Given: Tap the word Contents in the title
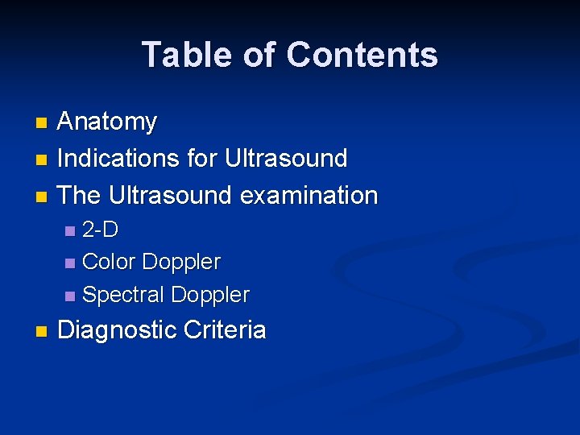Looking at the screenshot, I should tap(362, 56).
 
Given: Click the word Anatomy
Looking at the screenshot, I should tap(107, 122).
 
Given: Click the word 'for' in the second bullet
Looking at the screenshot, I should tap(202, 159).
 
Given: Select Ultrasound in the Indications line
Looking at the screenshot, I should tap(286, 159).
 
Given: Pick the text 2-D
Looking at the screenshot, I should tap(101, 230).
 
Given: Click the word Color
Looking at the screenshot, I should tap(110, 263).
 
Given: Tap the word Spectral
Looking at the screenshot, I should tap(122, 295).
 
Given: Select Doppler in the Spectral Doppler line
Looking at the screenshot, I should tap(209, 295).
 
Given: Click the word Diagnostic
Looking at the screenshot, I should tap(118, 330).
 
